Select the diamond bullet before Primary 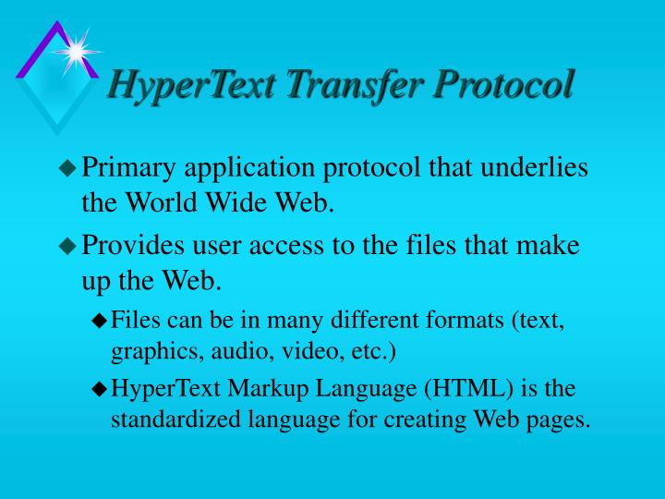(x=67, y=168)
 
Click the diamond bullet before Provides (x=67, y=247)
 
